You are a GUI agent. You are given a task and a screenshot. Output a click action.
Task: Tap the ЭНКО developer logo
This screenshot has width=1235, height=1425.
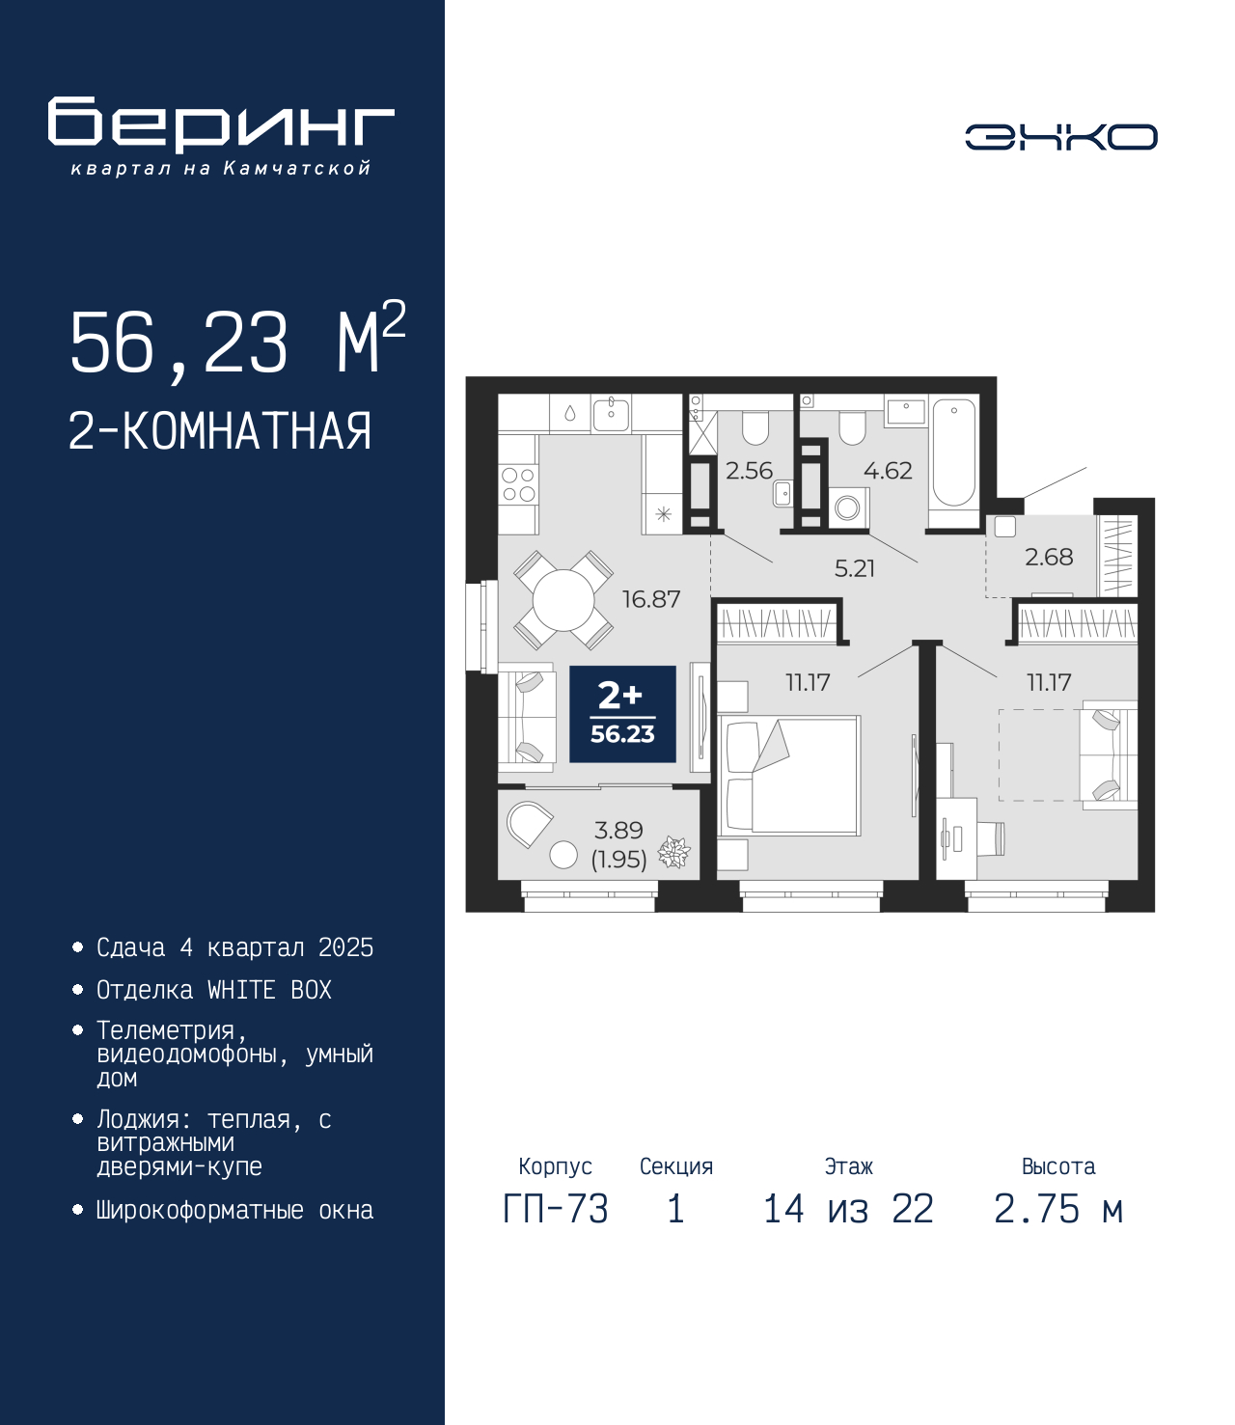pyautogui.click(x=1061, y=136)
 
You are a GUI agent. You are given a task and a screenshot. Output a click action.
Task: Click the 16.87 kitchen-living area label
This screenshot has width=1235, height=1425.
pyautogui.click(x=651, y=599)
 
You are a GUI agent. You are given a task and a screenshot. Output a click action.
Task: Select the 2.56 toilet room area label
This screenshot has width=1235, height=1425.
pyautogui.click(x=750, y=471)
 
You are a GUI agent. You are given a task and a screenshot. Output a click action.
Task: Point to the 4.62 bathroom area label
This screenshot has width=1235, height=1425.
pyautogui.click(x=889, y=471)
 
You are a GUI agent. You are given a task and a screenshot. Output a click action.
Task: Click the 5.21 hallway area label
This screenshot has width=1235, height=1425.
pyautogui.click(x=854, y=569)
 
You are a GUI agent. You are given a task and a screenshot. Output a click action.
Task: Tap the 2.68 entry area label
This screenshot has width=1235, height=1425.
pyautogui.click(x=1049, y=557)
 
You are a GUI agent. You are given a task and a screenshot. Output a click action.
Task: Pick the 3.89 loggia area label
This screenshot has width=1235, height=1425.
pyautogui.click(x=618, y=830)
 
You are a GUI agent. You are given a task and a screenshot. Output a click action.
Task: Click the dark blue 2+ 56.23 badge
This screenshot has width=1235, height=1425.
pyautogui.click(x=622, y=714)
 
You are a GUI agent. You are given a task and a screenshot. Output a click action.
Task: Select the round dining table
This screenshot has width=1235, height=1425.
pyautogui.click(x=563, y=600)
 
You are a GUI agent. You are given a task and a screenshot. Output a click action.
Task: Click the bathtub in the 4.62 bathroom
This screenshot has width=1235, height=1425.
pyautogui.click(x=953, y=460)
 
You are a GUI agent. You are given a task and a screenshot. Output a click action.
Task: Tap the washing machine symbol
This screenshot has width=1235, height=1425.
pyautogui.click(x=847, y=508)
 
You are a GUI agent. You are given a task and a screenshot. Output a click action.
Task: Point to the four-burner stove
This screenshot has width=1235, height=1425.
pyautogui.click(x=518, y=484)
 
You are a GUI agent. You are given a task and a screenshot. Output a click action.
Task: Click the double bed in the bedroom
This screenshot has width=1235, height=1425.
pyautogui.click(x=789, y=776)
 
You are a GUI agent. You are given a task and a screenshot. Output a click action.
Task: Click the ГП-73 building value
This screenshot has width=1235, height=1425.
pyautogui.click(x=556, y=1209)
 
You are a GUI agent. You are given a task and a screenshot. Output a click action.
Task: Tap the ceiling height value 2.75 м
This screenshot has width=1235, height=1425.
pyautogui.click(x=1058, y=1209)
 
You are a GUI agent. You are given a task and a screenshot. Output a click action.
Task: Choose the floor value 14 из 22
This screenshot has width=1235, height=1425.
pyautogui.click(x=848, y=1209)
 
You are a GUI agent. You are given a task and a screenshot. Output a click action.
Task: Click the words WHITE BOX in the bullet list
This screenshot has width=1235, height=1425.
pyautogui.click(x=269, y=990)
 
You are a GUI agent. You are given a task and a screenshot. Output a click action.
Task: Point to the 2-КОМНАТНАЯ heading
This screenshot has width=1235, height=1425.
pyautogui.click(x=220, y=431)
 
